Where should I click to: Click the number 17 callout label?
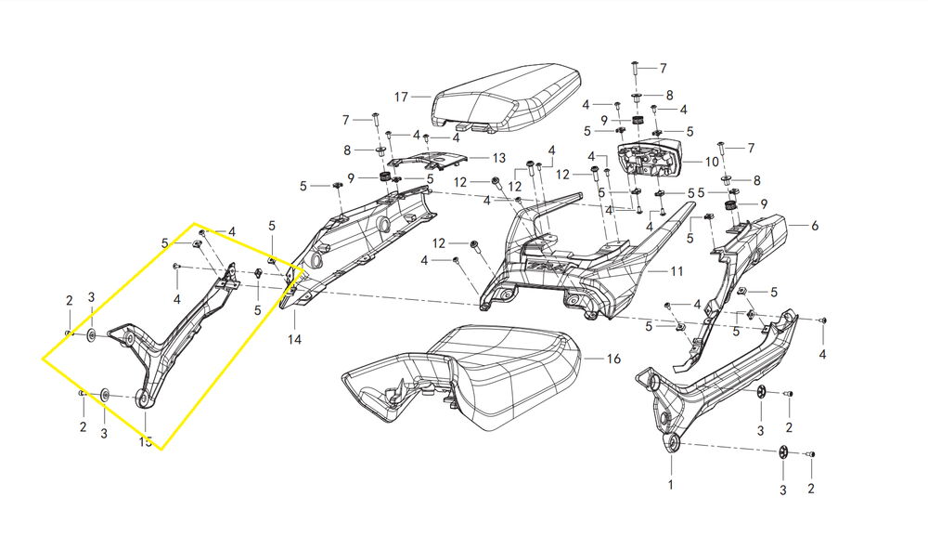click(x=401, y=97)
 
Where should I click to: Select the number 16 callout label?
click(x=612, y=358)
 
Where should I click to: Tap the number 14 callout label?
click(x=294, y=340)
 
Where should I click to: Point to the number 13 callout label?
click(x=499, y=158)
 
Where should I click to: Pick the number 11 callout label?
click(x=677, y=272)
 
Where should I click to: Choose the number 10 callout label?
click(x=712, y=161)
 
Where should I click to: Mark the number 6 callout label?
click(x=815, y=225)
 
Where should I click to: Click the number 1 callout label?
click(x=672, y=485)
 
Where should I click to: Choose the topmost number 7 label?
click(x=663, y=69)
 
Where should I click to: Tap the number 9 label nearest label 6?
click(x=764, y=203)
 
